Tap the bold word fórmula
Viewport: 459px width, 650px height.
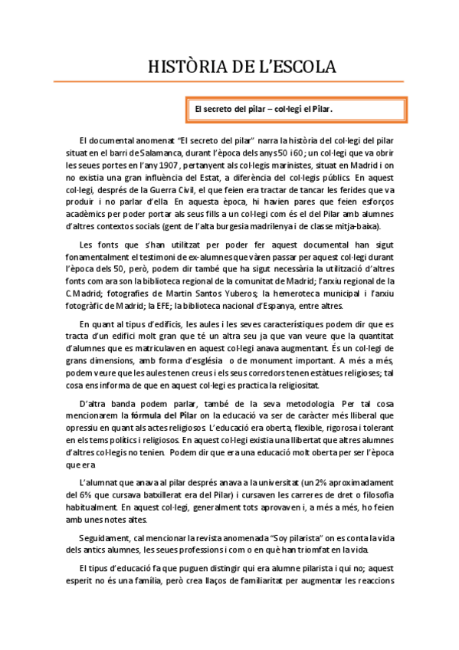149,415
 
